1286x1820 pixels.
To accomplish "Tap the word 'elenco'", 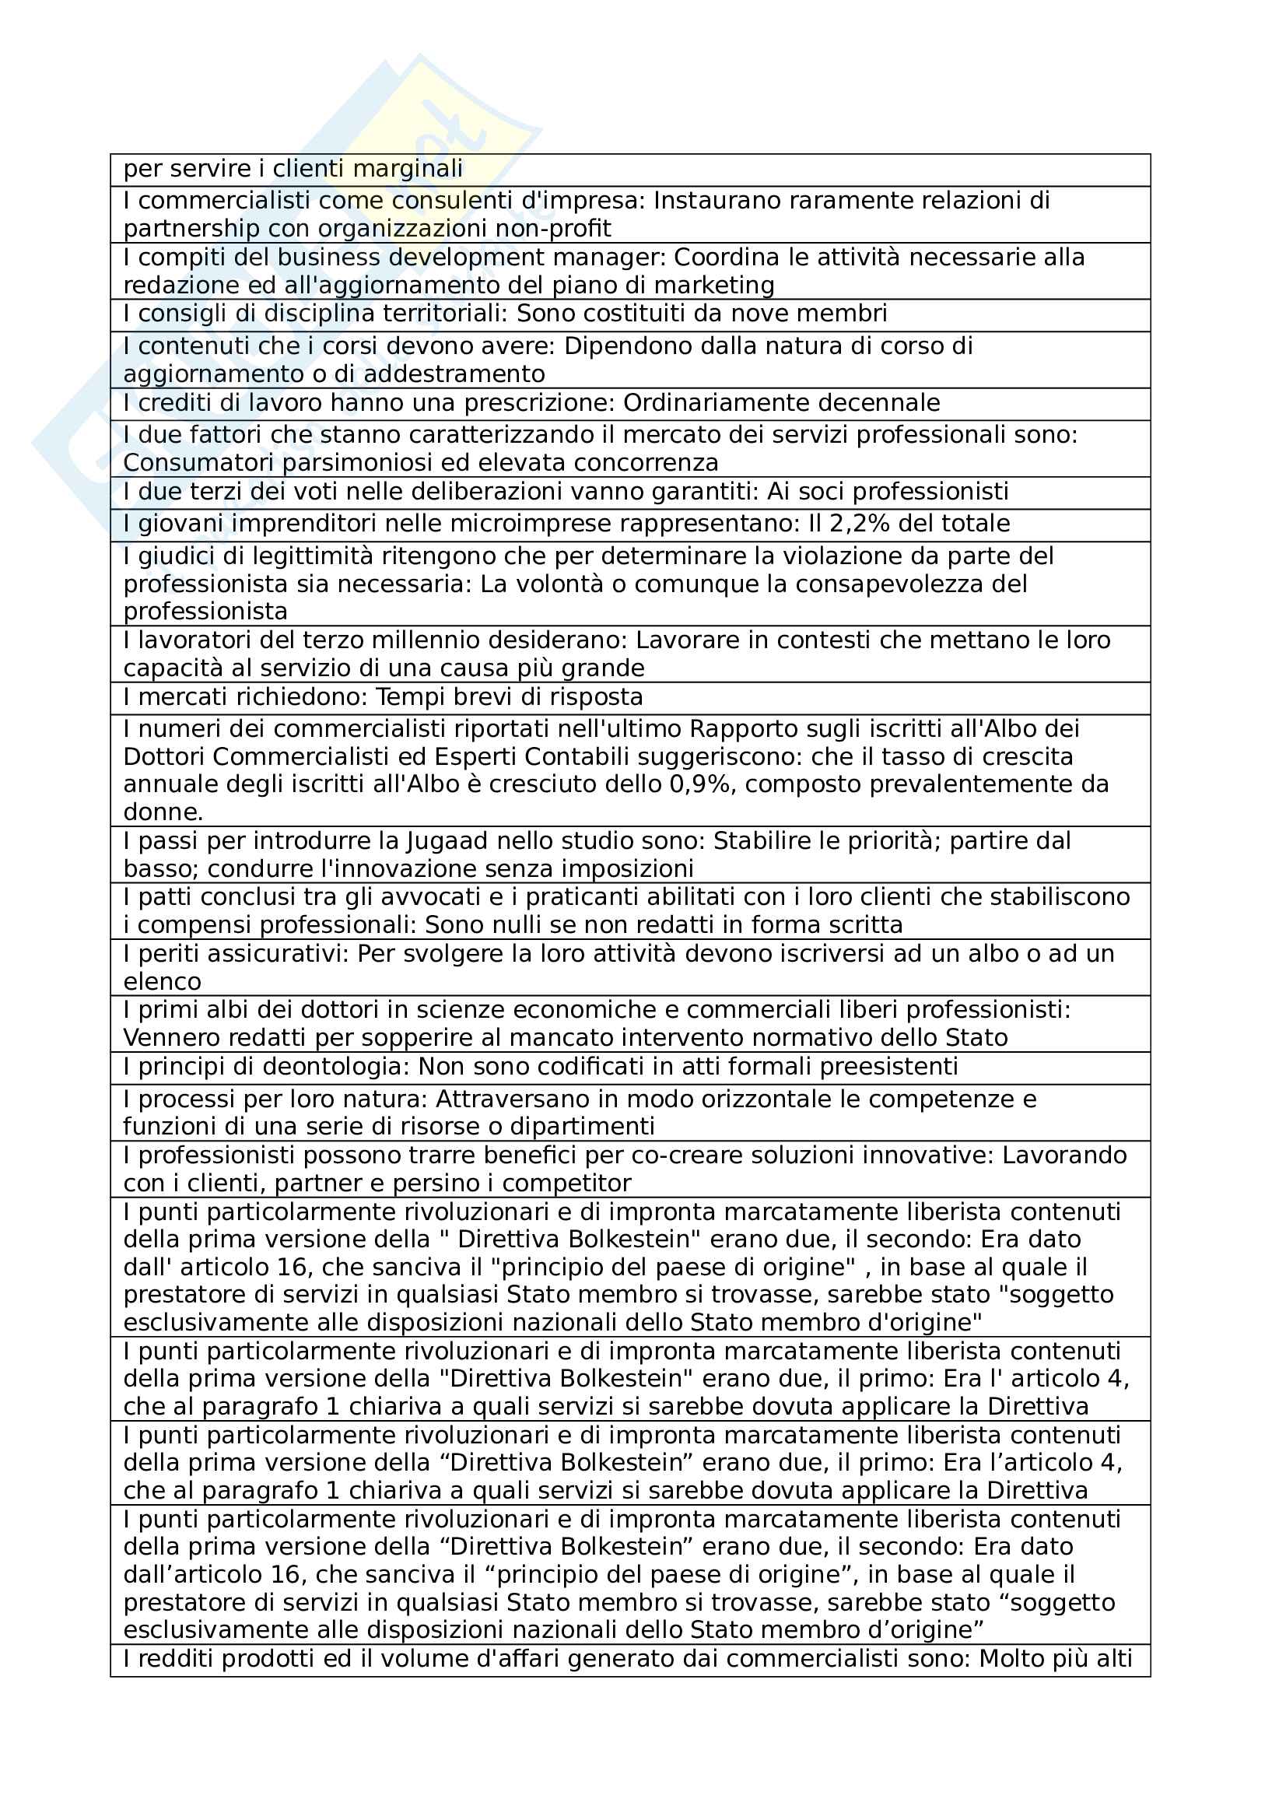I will [162, 982].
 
